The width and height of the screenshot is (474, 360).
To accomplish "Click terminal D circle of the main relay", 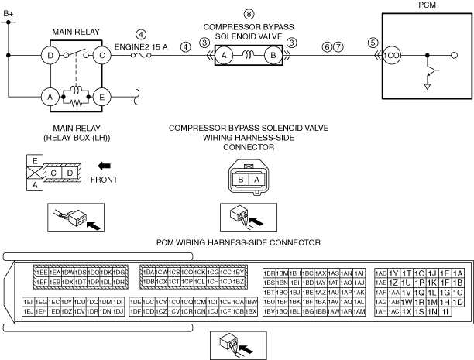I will pos(50,56).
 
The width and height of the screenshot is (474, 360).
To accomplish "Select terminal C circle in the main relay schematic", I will pos(101,56).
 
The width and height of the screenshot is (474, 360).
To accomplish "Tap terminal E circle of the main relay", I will pos(101,97).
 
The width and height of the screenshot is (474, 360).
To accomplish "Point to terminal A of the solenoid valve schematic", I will pos(223,56).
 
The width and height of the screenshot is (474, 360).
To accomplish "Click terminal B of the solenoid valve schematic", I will pos(273,56).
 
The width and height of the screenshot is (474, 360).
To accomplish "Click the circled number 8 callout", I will pos(249,15).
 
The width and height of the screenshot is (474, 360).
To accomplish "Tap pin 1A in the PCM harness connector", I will pos(458,273).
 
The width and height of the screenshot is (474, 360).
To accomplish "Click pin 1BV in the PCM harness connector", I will pos(270,311).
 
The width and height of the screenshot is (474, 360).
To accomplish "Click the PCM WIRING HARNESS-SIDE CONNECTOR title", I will pos(239,242).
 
